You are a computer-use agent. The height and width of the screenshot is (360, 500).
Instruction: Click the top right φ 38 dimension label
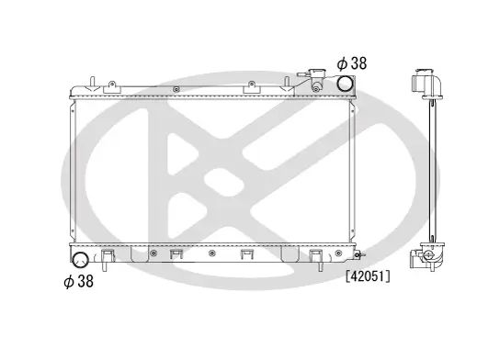tap(353, 63)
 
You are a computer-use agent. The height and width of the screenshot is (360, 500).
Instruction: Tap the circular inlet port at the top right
tap(345, 84)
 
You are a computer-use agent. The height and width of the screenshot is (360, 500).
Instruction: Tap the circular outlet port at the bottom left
tap(81, 261)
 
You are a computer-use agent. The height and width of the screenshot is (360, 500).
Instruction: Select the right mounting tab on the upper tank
tap(249, 86)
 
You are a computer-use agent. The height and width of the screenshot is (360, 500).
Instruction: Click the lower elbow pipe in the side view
tap(428, 254)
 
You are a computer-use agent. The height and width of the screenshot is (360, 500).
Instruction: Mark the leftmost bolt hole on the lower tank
tap(151, 252)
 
